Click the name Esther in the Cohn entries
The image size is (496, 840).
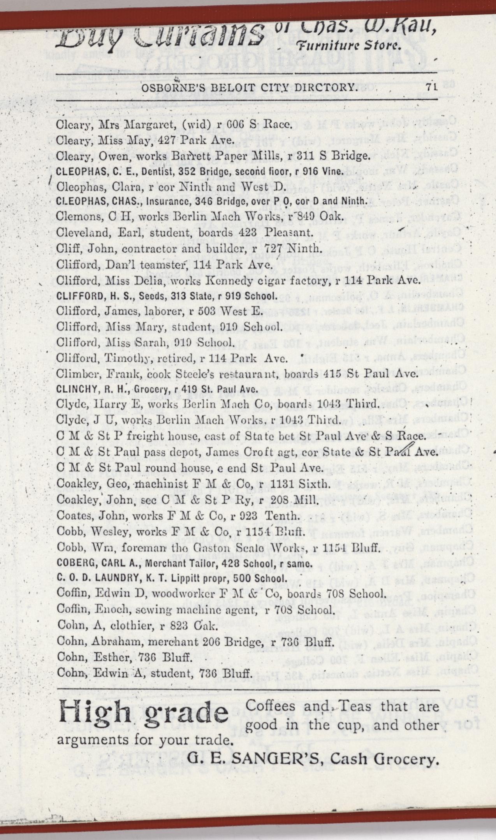(x=110, y=656)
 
